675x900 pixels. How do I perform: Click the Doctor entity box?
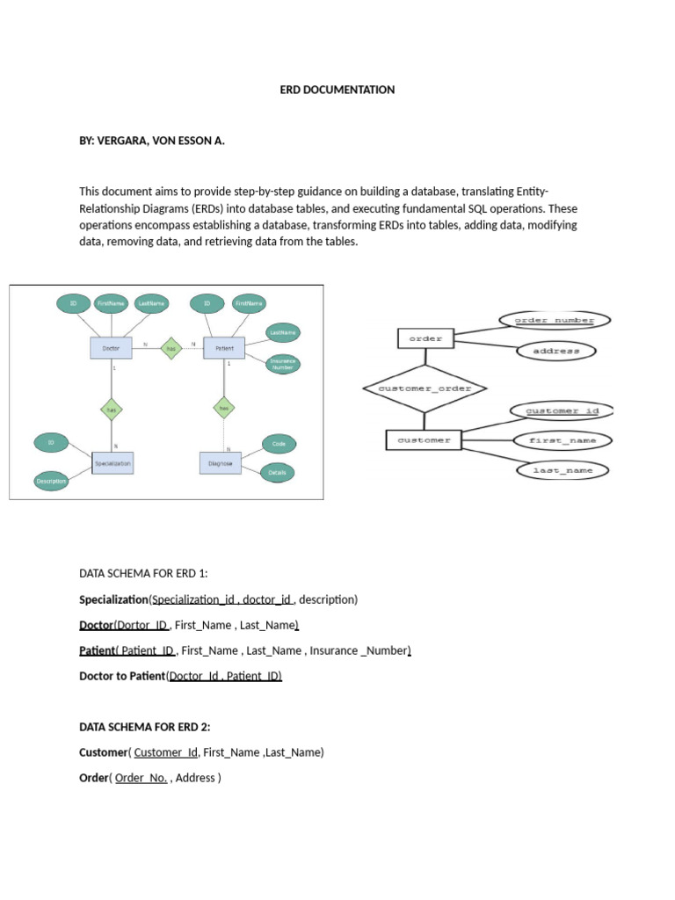(111, 347)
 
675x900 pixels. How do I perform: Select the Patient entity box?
(224, 347)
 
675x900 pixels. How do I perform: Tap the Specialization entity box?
(112, 461)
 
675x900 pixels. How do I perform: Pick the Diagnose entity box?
(220, 461)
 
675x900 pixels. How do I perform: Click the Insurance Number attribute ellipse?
(284, 364)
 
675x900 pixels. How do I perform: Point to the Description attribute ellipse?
(51, 480)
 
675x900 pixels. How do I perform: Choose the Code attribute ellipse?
(279, 444)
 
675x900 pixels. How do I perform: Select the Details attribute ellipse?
(278, 472)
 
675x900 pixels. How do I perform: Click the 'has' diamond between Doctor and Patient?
(171, 347)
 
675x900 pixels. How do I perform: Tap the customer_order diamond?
(425, 388)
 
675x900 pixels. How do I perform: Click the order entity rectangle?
(425, 337)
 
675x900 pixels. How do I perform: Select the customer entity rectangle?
(424, 439)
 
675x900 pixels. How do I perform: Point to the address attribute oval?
(555, 352)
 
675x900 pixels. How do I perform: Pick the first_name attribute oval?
(563, 439)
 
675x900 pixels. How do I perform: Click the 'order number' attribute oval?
(554, 321)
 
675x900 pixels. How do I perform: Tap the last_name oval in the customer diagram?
(562, 470)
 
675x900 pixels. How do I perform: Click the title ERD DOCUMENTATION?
(337, 90)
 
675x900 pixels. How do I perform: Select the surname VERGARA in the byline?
(121, 140)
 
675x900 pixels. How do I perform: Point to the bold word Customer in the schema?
(104, 752)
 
